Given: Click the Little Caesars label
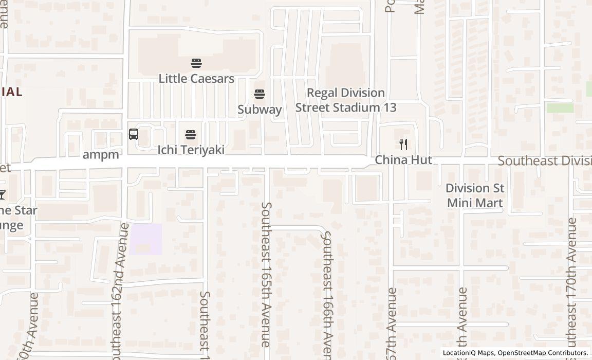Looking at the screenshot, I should tap(196, 79).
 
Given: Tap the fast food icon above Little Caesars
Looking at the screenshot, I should tap(196, 63).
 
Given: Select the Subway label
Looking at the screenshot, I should tap(260, 110).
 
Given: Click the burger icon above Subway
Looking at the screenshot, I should tap(260, 94).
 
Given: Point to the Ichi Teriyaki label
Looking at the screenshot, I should tap(191, 150).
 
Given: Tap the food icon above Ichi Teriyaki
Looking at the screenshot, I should tap(191, 135).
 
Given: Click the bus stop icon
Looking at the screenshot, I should tap(134, 134).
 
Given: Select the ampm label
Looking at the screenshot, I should tap(101, 155).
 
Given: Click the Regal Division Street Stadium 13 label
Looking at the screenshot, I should tap(346, 100).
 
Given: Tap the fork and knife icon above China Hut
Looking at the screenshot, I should tap(403, 145).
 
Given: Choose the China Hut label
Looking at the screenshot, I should tap(403, 160).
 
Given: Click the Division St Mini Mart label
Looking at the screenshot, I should tap(474, 195).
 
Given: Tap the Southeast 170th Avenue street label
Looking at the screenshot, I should tap(572, 283).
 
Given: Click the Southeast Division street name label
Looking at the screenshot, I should tap(544, 161).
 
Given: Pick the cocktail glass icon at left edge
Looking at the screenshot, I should tap(2, 194).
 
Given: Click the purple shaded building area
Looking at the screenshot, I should tap(145, 239).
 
